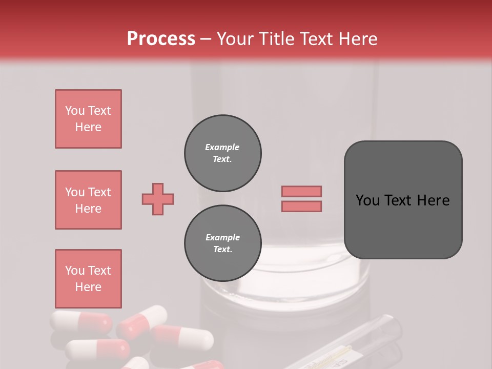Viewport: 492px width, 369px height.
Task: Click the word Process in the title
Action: pyautogui.click(x=161, y=39)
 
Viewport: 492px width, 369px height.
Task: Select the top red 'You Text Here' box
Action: pyautogui.click(x=88, y=119)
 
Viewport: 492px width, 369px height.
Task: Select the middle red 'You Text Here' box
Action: pyautogui.click(x=88, y=200)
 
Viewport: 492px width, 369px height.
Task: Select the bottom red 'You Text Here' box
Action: pyautogui.click(x=88, y=279)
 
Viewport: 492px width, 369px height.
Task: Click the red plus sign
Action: pyautogui.click(x=158, y=199)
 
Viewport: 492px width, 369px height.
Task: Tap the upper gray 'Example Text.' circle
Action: pyautogui.click(x=223, y=153)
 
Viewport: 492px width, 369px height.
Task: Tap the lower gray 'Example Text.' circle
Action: pyautogui.click(x=223, y=243)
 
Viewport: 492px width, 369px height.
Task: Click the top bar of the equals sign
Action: pyautogui.click(x=301, y=191)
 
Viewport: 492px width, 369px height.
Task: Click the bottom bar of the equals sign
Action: pyautogui.click(x=301, y=206)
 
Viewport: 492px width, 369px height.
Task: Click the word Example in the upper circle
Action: pyautogui.click(x=222, y=147)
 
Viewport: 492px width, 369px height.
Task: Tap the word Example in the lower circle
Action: pyautogui.click(x=222, y=237)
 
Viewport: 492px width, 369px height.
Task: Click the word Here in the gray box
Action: pyautogui.click(x=433, y=200)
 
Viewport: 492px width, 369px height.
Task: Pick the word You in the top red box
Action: pyautogui.click(x=75, y=111)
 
